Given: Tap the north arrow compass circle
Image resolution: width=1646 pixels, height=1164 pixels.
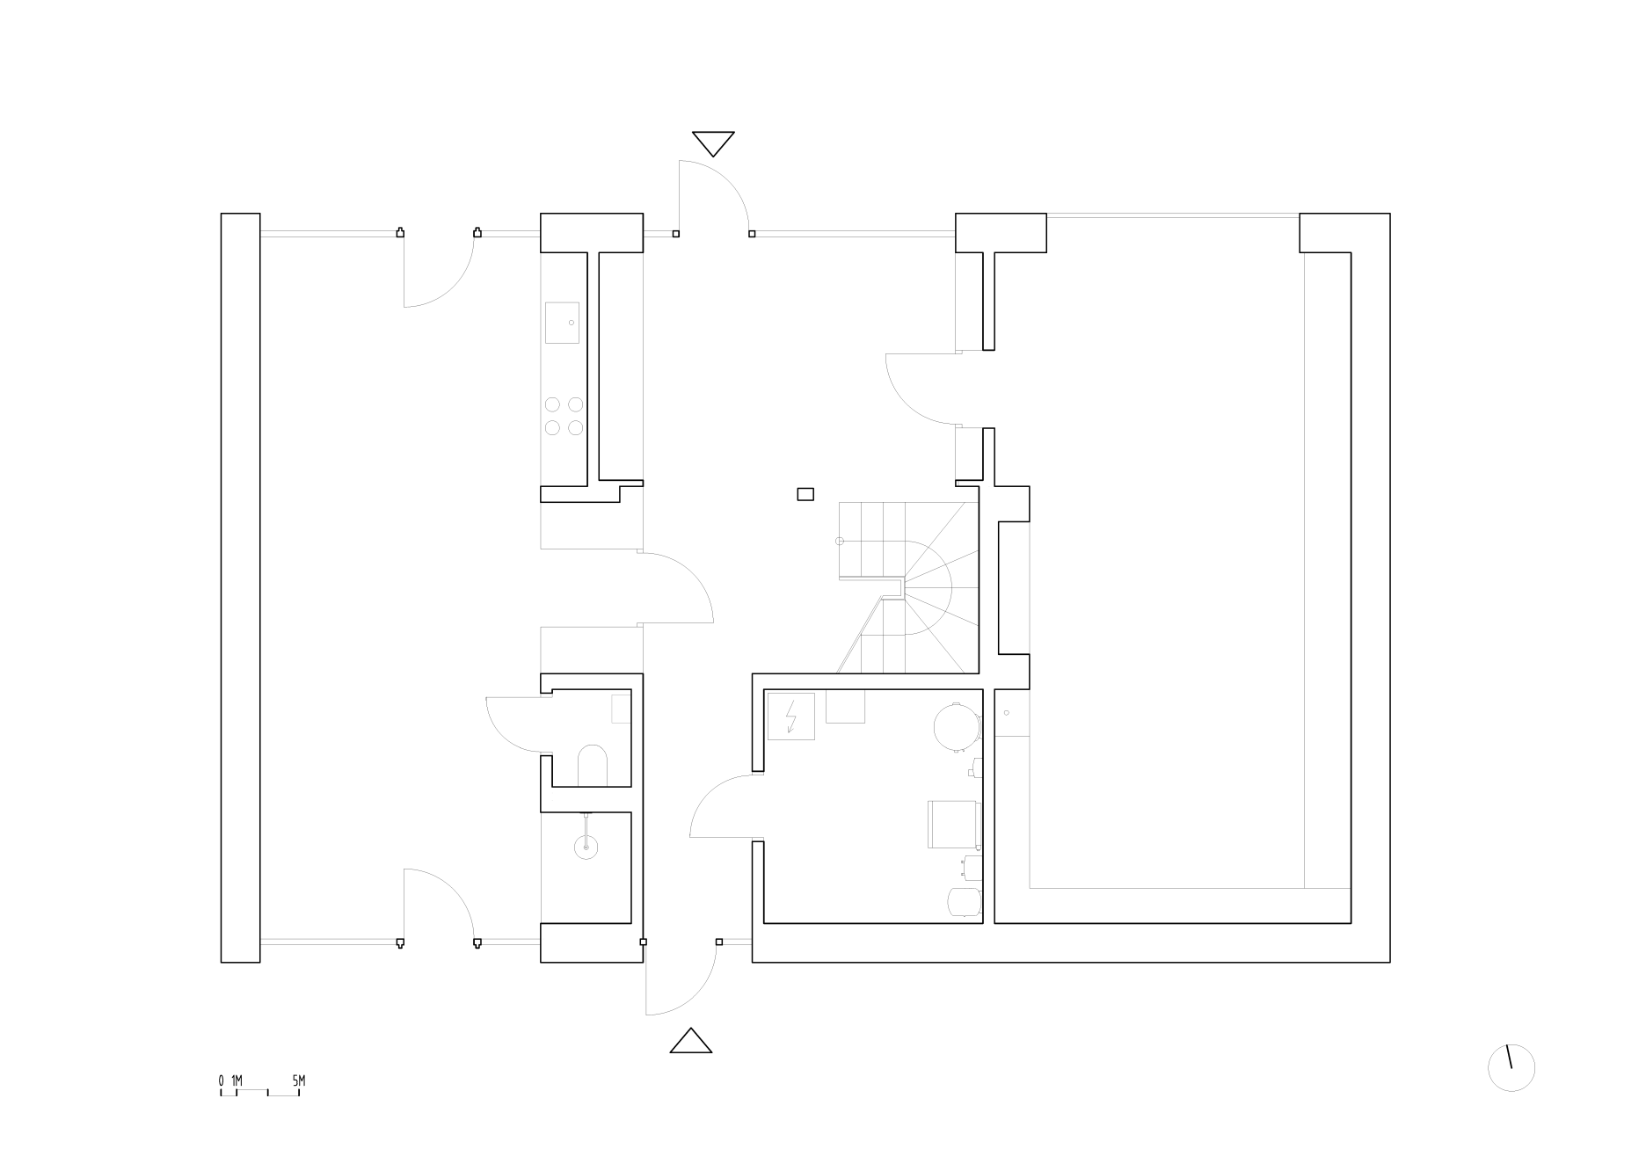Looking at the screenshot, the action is [1511, 1068].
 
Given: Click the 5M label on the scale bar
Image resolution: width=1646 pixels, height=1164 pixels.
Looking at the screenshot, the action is [299, 1080].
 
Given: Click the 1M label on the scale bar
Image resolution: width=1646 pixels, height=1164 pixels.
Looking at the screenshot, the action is [237, 1080].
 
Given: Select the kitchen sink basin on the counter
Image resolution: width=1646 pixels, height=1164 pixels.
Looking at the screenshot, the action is [562, 323].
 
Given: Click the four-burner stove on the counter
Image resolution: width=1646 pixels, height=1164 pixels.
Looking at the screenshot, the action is [564, 416].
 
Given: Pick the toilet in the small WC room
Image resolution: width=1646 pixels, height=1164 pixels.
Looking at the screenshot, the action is [594, 765].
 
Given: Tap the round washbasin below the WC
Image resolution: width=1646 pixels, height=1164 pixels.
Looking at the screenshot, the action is [586, 846].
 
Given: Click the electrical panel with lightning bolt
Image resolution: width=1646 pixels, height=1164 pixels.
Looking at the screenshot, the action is [791, 716].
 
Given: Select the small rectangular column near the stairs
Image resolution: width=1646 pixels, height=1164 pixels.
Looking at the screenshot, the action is [805, 494].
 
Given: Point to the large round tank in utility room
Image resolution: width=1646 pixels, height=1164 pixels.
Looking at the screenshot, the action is [956, 726].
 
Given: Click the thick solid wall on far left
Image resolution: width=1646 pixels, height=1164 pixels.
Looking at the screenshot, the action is [240, 587].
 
